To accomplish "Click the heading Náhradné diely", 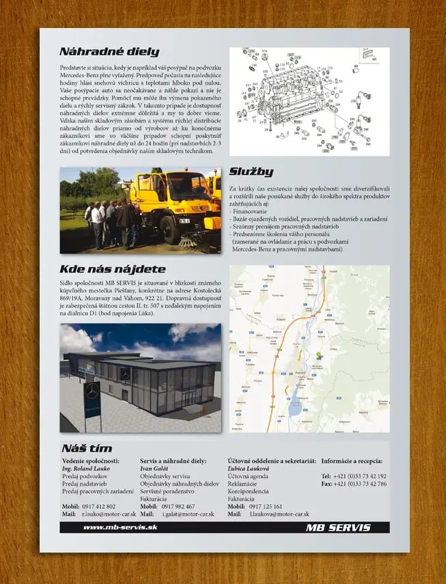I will pyautogui.click(x=109, y=51).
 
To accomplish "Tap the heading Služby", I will pyautogui.click(x=251, y=171).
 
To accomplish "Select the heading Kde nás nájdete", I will pyautogui.click(x=112, y=269).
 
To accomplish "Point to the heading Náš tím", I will pyautogui.click(x=86, y=448).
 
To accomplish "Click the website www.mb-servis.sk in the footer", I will pyautogui.click(x=120, y=527).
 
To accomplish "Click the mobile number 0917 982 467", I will pyautogui.click(x=178, y=506).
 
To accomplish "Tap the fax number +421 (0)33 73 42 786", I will pyautogui.click(x=352, y=484).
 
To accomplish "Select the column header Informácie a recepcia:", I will pyautogui.click(x=352, y=461).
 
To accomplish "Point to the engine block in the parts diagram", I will pyautogui.click(x=294, y=96).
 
